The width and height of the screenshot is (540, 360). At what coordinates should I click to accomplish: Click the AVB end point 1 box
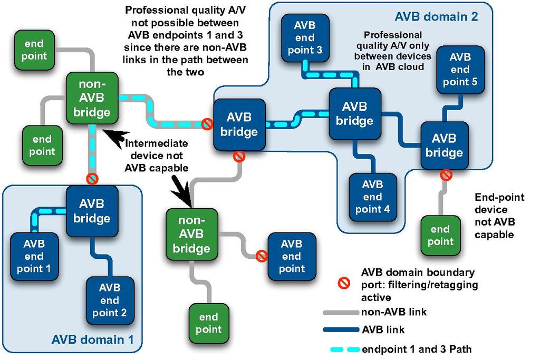(34, 256)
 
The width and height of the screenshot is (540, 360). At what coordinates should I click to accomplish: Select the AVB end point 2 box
(110, 300)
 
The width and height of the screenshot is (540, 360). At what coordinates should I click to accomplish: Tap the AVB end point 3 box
(305, 38)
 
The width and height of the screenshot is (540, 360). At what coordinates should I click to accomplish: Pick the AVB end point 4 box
(372, 197)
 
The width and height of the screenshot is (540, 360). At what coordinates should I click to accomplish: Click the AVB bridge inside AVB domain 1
(91, 211)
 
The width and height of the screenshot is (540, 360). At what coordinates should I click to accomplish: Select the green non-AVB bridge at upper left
(92, 98)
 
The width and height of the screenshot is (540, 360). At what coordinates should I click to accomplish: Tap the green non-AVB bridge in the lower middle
(191, 235)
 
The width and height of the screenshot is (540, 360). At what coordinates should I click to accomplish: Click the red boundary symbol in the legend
(344, 284)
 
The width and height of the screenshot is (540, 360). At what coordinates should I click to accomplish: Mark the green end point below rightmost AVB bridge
(440, 235)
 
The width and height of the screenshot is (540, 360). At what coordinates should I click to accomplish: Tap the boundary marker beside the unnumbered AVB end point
(261, 256)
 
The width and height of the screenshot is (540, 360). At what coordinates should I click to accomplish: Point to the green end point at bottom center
(208, 323)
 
